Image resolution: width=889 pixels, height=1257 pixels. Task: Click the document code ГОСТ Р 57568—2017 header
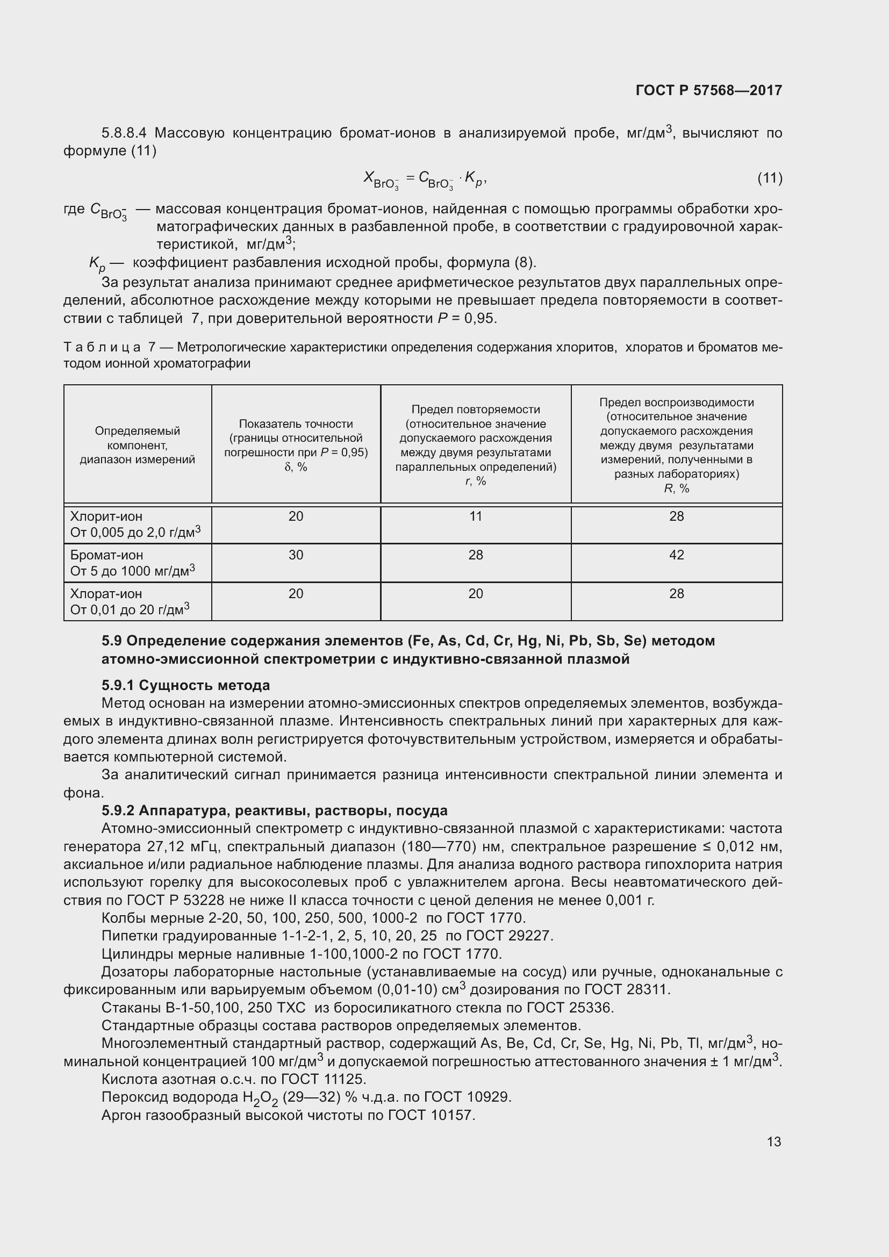point(709,90)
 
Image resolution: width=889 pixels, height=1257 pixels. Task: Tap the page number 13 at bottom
point(773,1141)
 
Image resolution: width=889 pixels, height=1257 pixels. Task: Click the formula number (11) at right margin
point(770,178)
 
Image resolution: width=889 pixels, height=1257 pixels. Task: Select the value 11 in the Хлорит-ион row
point(475,516)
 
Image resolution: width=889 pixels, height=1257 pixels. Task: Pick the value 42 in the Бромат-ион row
point(676,555)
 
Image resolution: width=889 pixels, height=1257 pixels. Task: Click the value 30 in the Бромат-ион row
point(296,555)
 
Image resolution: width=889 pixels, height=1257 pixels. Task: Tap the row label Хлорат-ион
point(106,593)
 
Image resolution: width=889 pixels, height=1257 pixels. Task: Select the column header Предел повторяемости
point(475,410)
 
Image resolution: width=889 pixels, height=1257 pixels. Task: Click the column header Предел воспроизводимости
point(676,403)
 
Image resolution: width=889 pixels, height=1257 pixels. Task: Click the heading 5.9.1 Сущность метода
point(185,685)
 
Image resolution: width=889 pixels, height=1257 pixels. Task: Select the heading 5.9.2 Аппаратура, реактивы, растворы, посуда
point(274,810)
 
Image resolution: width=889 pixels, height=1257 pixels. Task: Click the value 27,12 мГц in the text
point(183,847)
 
